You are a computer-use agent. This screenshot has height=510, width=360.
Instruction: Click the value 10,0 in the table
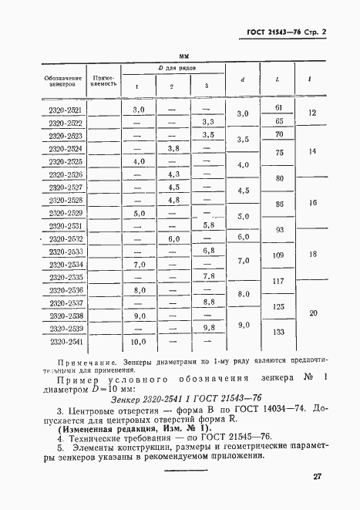(139, 341)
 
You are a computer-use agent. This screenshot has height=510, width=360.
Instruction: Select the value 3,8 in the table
(173, 148)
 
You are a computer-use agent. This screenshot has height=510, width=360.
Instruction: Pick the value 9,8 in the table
(207, 329)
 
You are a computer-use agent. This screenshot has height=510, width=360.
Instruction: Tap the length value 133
(279, 333)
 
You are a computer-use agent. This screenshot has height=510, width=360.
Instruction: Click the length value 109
(279, 255)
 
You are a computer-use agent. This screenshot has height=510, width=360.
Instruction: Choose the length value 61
(279, 107)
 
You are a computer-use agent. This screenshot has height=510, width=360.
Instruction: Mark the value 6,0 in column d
(243, 237)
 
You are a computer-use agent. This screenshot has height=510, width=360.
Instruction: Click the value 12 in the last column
(312, 113)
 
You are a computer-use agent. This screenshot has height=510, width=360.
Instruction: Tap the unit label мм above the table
(183, 57)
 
